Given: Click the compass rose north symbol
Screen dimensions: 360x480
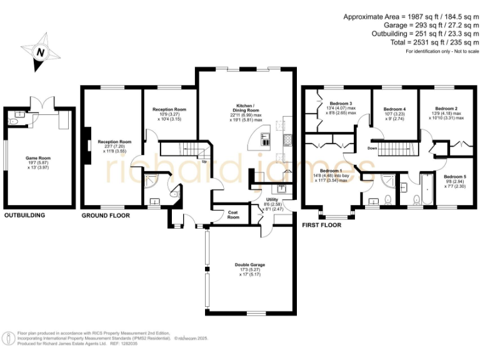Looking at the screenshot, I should [39, 52].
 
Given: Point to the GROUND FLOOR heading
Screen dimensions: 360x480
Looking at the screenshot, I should [106, 216].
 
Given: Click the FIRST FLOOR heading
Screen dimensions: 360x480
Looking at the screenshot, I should [321, 225].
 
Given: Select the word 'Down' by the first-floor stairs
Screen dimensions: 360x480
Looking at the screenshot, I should [372, 148].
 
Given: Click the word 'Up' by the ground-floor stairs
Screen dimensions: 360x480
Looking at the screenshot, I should [204, 161].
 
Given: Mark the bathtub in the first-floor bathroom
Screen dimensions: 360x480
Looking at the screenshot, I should [428, 191].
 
